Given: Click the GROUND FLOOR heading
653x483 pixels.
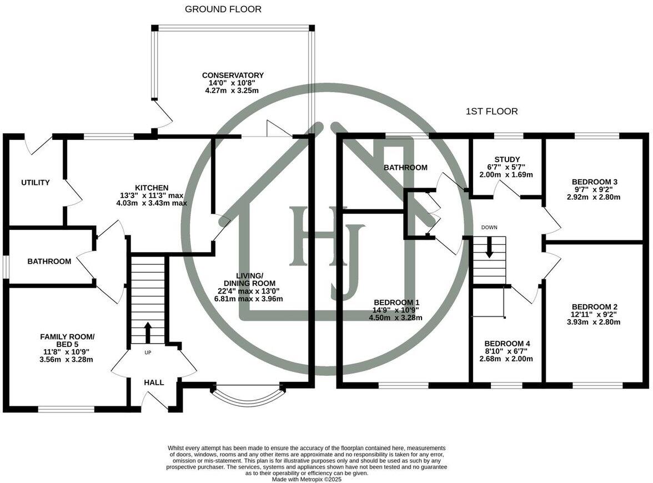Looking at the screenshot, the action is click(223, 9).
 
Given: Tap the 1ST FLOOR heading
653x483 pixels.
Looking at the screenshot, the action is click(491, 112).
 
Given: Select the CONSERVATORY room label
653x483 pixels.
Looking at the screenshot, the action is click(233, 76).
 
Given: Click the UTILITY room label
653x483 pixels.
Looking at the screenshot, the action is click(36, 183).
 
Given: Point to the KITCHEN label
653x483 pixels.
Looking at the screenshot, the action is click(151, 188).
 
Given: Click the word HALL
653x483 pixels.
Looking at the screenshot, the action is click(154, 383).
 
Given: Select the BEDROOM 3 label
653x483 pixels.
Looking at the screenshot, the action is click(595, 182).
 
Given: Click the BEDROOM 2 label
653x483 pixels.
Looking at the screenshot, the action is click(595, 307).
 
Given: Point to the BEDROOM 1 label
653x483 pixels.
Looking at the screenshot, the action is click(395, 303).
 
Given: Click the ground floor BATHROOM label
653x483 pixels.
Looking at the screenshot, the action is click(49, 261).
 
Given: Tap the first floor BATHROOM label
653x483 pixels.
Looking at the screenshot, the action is click(405, 168).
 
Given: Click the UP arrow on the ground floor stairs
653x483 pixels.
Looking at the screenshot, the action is click(148, 333).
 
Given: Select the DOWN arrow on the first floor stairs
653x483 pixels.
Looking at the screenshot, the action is click(489, 247).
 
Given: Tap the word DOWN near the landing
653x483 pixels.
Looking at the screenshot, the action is click(489, 228).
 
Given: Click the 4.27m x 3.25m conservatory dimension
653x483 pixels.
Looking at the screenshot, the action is click(233, 90).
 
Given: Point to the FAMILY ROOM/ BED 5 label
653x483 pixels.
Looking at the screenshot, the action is click(67, 337).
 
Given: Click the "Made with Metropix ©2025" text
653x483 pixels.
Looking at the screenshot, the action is click(307, 480).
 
